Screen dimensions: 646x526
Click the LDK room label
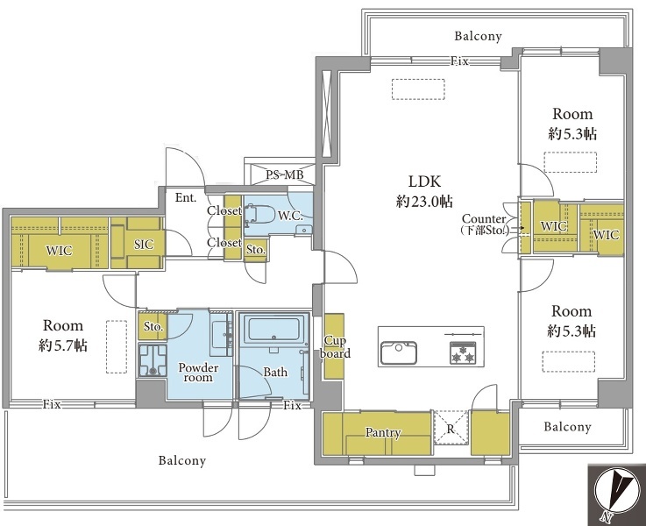[x=424, y=181]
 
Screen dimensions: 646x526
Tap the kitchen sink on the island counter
[x=399, y=352]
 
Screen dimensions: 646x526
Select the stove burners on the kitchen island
[x=463, y=352]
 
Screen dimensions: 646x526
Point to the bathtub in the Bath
[x=274, y=329]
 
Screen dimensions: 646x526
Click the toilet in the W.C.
[x=259, y=215]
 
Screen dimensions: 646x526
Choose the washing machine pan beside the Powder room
[x=153, y=360]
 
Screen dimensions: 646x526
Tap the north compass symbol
[x=617, y=494]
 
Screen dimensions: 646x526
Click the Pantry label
[x=383, y=432]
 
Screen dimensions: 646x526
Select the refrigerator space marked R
[x=451, y=428]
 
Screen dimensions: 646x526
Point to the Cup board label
[x=336, y=347]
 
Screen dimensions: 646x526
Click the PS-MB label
[x=285, y=174]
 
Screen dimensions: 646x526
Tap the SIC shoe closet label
[x=144, y=245]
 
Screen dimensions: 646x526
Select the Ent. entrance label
[x=186, y=198]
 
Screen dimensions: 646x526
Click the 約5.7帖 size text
[x=63, y=345]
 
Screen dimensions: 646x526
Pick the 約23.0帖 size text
[x=424, y=202]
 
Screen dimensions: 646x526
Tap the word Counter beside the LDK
[x=484, y=218]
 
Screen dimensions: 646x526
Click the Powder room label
[x=198, y=373]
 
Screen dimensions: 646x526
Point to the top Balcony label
[x=478, y=36]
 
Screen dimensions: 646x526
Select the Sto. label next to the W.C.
[x=256, y=250]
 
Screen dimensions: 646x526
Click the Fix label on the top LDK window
[x=459, y=61]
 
